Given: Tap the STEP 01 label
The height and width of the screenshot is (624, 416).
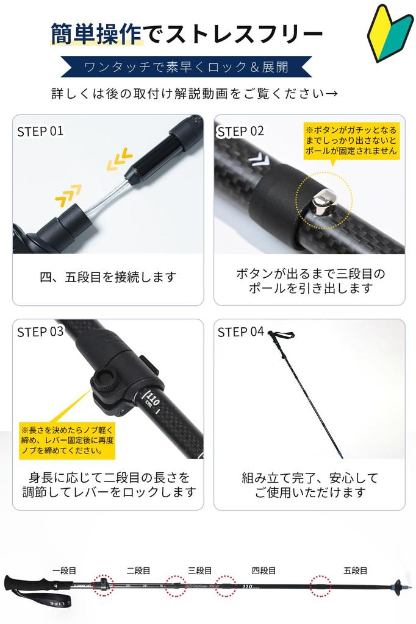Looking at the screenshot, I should pyautogui.click(x=40, y=131).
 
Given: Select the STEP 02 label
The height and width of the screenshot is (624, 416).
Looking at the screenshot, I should pyautogui.click(x=241, y=131).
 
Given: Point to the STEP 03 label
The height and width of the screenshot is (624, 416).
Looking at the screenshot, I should pyautogui.click(x=40, y=332).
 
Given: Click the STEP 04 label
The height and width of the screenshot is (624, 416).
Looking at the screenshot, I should pyautogui.click(x=241, y=332).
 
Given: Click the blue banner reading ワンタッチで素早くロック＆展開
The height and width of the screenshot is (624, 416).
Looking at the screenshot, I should pyautogui.click(x=187, y=66).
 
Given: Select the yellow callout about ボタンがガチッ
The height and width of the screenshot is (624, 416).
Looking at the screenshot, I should pyautogui.click(x=351, y=141).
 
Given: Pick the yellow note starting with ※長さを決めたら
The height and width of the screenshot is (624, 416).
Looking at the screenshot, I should pyautogui.click(x=67, y=440).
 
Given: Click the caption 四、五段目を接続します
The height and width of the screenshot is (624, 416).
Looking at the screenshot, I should pyautogui.click(x=108, y=277).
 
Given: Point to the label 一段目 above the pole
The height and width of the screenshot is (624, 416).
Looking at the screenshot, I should pyautogui.click(x=64, y=570).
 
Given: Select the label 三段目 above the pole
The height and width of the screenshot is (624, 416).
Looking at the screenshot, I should pyautogui.click(x=199, y=570).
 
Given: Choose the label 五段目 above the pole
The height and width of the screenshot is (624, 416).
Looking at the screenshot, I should pyautogui.click(x=355, y=570).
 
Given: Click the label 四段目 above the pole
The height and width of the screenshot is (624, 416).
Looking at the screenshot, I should pyautogui.click(x=264, y=570).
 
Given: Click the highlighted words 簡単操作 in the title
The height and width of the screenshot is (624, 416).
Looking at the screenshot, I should pyautogui.click(x=97, y=34).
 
